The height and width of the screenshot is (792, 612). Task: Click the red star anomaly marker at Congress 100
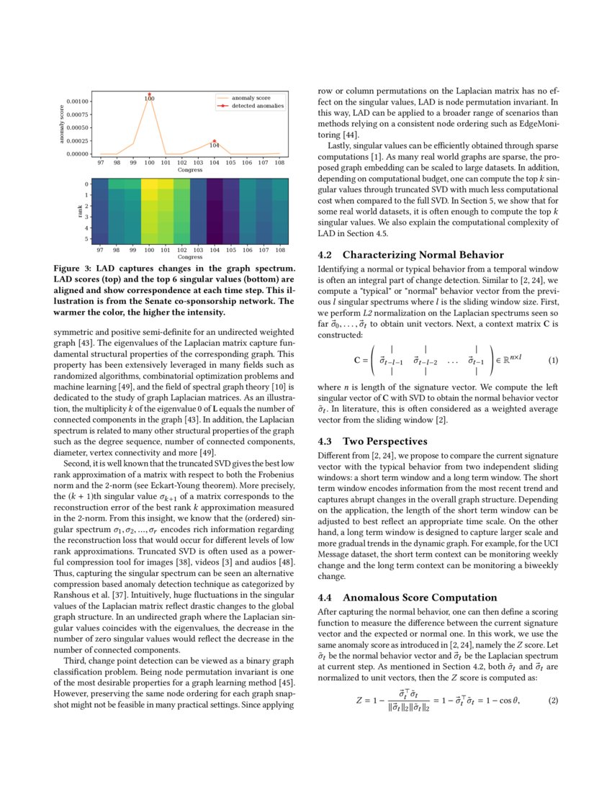(x=150, y=94)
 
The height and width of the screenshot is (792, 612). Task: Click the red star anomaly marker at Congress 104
(x=215, y=141)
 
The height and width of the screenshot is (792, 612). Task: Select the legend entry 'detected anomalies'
(x=257, y=106)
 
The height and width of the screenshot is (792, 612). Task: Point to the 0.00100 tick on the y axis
(x=76, y=102)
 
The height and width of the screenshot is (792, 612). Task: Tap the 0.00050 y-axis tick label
(x=76, y=127)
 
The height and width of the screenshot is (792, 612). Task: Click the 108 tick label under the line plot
(x=280, y=163)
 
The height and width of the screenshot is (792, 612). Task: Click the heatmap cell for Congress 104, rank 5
(x=215, y=238)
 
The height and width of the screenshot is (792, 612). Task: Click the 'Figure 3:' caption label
(x=73, y=268)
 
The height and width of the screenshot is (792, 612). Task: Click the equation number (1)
(x=553, y=359)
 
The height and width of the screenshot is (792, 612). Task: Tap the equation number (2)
(x=553, y=700)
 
